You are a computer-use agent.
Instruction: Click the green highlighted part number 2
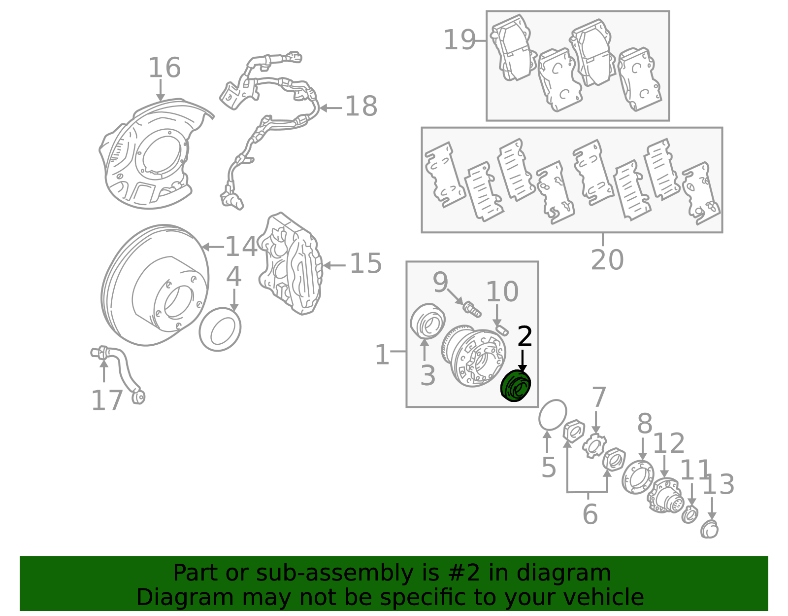pyautogui.click(x=515, y=386)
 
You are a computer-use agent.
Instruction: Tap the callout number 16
pyautogui.click(x=164, y=68)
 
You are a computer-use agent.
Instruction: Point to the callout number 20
pyautogui.click(x=607, y=260)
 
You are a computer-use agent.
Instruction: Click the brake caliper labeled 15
pyautogui.click(x=290, y=264)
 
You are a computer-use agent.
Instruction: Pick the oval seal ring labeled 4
pyautogui.click(x=220, y=329)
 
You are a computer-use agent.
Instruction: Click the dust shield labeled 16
pyautogui.click(x=152, y=154)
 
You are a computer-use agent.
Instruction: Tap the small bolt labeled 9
pyautogui.click(x=472, y=309)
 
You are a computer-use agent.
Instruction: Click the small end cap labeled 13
pyautogui.click(x=709, y=530)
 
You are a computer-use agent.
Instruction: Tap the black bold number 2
pyautogui.click(x=525, y=336)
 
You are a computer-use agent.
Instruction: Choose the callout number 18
pyautogui.click(x=361, y=107)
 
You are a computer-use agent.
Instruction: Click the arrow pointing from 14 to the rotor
pyautogui.click(x=213, y=247)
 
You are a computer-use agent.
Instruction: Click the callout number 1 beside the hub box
pyautogui.click(x=382, y=355)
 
